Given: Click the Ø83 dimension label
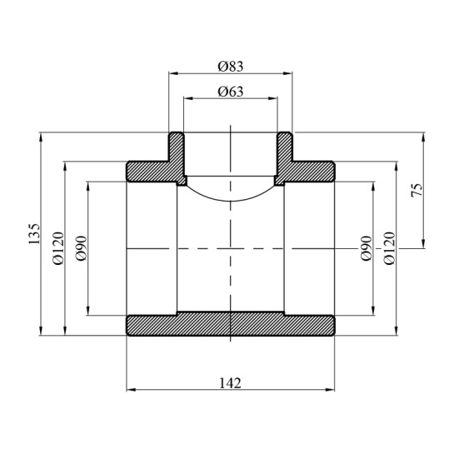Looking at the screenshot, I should tap(230, 65).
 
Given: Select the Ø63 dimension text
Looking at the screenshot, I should tap(230, 91).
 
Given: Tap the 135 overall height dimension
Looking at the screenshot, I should tap(33, 234).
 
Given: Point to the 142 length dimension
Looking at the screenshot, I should tap(230, 383).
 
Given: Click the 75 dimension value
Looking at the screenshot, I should tap(417, 191).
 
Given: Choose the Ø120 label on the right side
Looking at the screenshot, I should tap(389, 248).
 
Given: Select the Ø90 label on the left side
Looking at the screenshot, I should tap(82, 248).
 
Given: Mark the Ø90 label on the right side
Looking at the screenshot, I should tap(366, 248).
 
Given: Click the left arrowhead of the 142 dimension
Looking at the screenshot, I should tap(129, 390).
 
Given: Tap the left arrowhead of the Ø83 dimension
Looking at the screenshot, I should tap(172, 72).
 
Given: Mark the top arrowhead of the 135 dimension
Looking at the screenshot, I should tap(40, 136).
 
